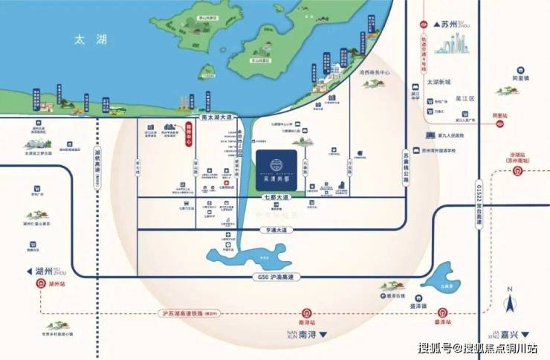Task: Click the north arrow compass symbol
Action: pyautogui.click(x=511, y=301)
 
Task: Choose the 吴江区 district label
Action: pyautogui.click(x=465, y=98)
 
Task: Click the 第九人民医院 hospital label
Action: pyautogui.click(x=450, y=135)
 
